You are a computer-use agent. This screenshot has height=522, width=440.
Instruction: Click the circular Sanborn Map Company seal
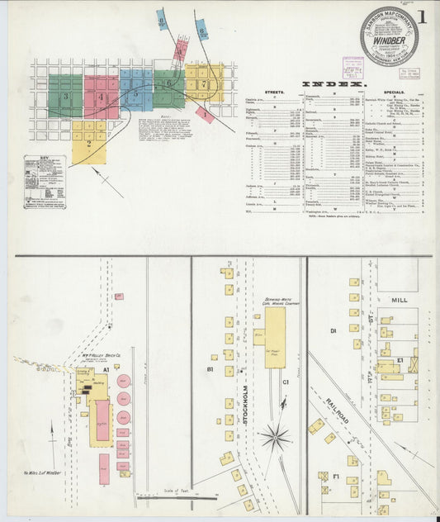pyautogui.click(x=388, y=36)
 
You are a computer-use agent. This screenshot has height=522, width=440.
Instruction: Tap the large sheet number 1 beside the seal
pyautogui.click(x=422, y=17)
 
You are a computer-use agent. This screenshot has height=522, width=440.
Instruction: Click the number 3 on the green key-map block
pyautogui.click(x=65, y=97)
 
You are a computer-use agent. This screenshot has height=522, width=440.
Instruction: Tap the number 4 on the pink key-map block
pyautogui.click(x=102, y=97)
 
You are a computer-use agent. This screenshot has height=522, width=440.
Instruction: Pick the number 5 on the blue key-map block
pyautogui.click(x=136, y=93)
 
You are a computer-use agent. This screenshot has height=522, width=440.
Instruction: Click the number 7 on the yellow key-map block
pyautogui.click(x=204, y=84)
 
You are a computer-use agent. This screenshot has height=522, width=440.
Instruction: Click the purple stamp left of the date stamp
pyautogui.click(x=353, y=66)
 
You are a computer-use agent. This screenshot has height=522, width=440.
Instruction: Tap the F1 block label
pyautogui.click(x=336, y=476)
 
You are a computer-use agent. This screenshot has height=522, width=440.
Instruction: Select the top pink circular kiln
pyautogui.click(x=123, y=382)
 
